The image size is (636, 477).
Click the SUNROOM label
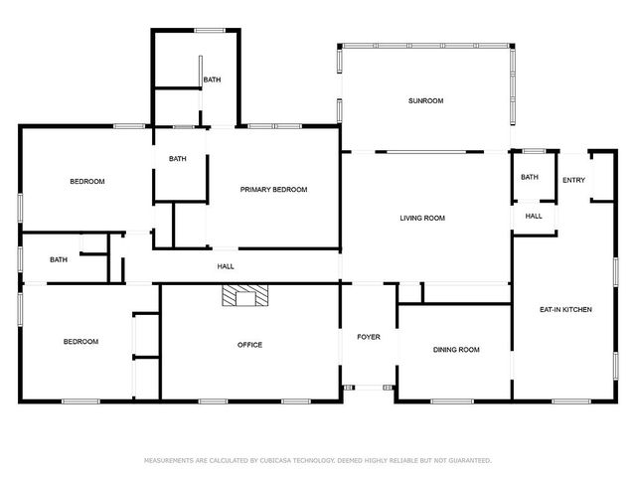pos(425,100)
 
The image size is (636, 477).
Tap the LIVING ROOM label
pos(422,218)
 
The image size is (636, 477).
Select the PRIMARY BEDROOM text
pos(273,190)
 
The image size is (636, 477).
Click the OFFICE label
pos(249,345)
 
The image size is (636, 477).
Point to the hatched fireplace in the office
pos(245,295)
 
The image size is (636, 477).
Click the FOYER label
pos(369,337)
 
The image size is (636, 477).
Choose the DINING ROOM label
pos(456,350)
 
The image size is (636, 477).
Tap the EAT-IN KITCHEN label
pos(565,309)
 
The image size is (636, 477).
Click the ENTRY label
pos(573,180)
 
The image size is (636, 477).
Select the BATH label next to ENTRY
pos(530,177)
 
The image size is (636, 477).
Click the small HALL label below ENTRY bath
pos(534,217)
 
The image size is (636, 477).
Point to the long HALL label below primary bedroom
pos(226,266)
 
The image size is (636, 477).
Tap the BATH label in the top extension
pos(212,79)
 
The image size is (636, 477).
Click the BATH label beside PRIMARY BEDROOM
pos(177,159)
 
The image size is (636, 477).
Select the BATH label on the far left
pos(59,259)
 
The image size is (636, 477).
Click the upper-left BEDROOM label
pos(87,181)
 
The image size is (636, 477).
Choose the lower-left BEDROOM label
pos(80,342)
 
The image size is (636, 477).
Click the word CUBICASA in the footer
pos(274,460)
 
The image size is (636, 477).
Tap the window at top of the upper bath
pos(210,31)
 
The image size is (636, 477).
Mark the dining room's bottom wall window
pos(452,401)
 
